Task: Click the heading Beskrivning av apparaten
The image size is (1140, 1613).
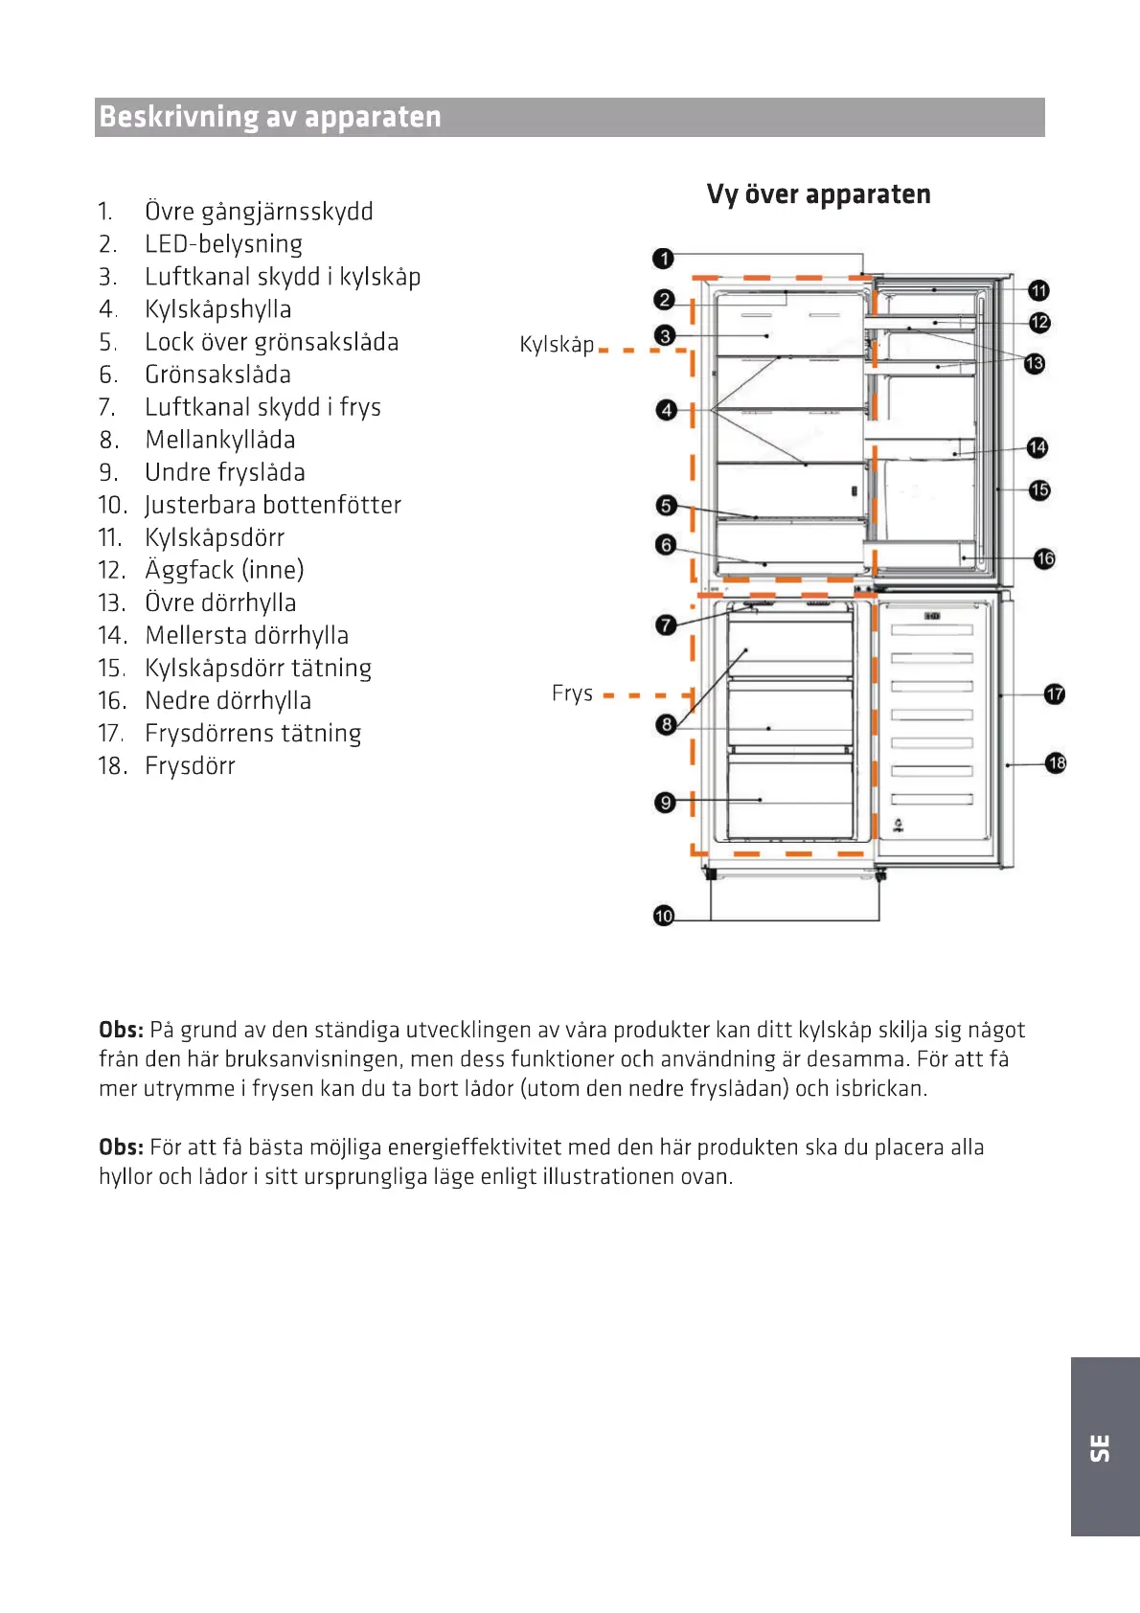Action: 270,117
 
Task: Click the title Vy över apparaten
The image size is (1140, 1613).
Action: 818,194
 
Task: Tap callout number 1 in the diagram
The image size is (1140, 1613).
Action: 663,259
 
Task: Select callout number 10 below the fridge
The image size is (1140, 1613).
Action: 664,916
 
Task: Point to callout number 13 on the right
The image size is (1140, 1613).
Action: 1034,364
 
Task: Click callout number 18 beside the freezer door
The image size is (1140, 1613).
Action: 1056,763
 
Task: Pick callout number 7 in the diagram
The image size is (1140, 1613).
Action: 666,625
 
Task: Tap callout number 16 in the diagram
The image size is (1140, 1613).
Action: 1044,558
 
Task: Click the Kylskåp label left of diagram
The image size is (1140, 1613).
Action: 557,345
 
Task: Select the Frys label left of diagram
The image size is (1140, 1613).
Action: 572,693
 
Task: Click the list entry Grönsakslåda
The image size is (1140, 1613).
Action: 217,375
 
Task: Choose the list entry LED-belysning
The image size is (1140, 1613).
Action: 223,244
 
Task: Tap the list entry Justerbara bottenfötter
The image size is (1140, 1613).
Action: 272,505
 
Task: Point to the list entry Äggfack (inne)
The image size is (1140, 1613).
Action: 224,570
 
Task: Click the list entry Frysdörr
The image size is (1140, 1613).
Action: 190,765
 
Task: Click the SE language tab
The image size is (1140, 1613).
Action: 1101,1447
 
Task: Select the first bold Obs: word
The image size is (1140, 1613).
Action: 121,1030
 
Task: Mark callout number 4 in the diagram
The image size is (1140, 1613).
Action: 667,410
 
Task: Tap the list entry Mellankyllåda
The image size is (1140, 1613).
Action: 219,440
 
